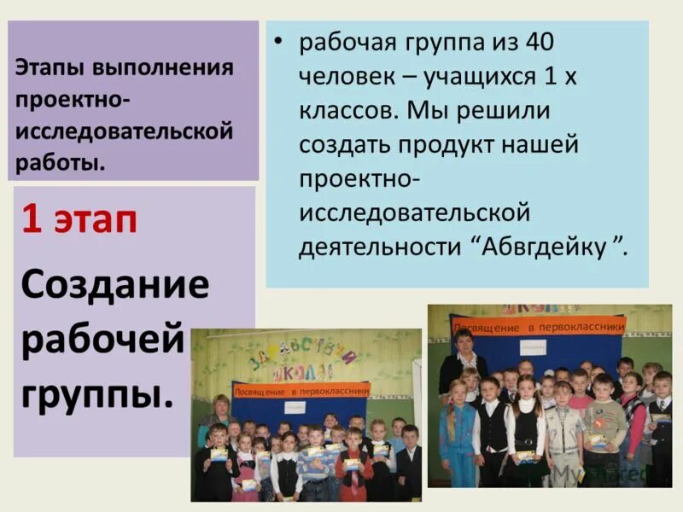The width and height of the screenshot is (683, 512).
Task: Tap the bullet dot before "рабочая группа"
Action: pos(278,44)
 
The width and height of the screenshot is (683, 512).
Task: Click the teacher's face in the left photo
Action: pos(220,404)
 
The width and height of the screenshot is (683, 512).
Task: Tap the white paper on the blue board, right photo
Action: pos(533,350)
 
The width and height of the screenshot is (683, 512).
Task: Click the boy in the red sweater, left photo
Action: pos(352,461)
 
